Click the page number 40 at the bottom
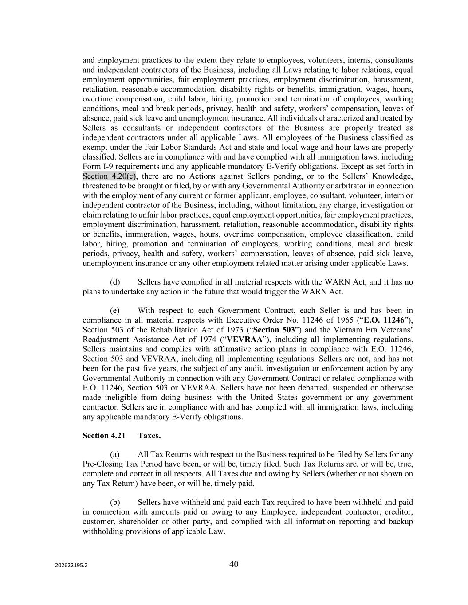[234, 564]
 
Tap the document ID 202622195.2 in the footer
[71, 566]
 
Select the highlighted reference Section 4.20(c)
[109, 176]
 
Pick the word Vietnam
[350, 330]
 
